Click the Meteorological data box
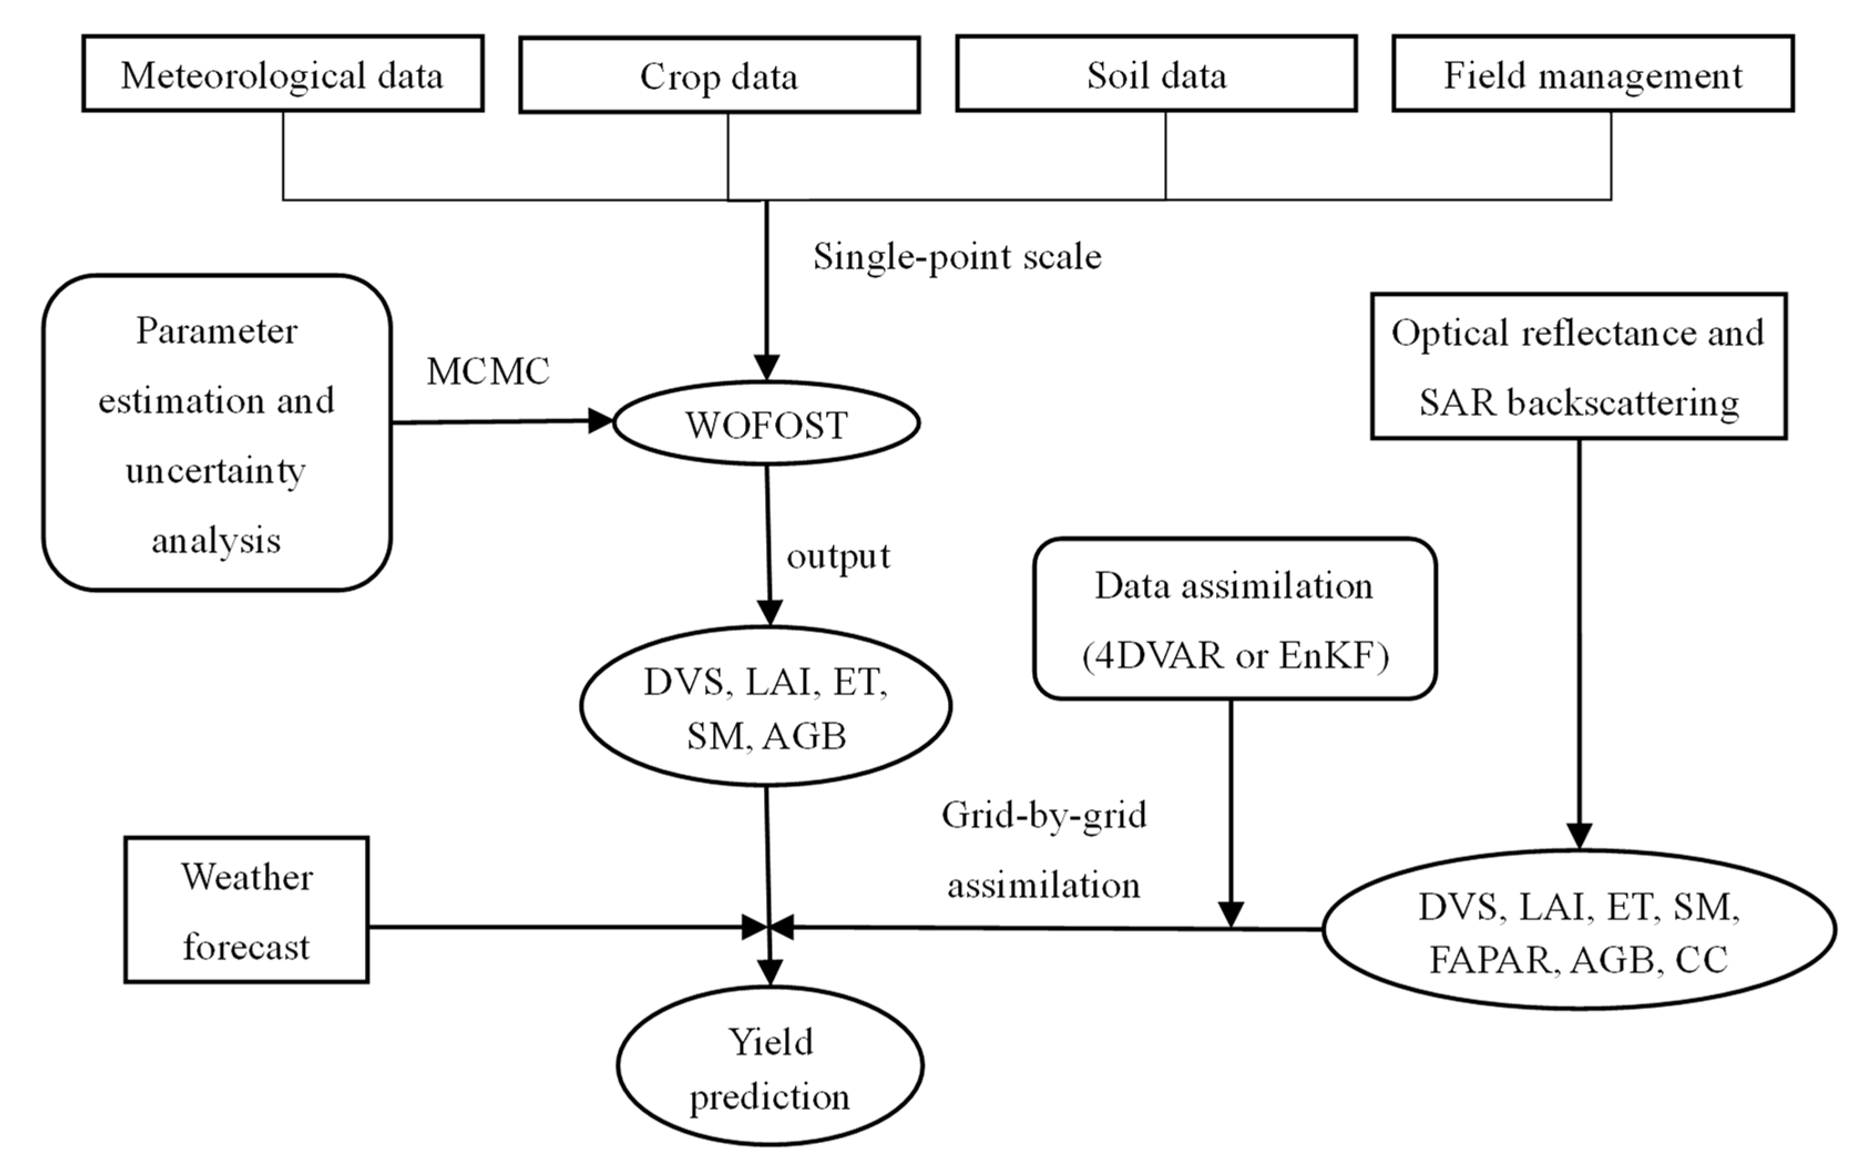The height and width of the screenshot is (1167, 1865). (283, 74)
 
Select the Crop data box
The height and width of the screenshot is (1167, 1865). (719, 75)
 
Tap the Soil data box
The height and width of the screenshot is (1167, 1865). (1156, 74)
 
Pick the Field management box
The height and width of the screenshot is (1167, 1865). (1592, 74)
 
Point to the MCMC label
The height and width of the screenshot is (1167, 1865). (488, 371)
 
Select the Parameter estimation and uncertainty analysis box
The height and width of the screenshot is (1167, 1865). (217, 434)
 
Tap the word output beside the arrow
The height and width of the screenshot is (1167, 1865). (838, 556)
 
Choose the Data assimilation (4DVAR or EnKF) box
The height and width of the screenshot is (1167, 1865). (1234, 619)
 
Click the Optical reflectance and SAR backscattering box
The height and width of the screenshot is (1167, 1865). (1578, 367)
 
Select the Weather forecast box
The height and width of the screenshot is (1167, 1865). (246, 910)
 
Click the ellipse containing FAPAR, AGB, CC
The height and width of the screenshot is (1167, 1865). (1579, 930)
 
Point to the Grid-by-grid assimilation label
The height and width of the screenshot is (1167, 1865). (1044, 850)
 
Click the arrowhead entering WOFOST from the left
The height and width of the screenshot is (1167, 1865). (600, 421)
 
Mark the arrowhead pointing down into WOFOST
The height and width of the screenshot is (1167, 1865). (766, 367)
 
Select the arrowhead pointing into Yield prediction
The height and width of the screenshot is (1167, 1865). (770, 972)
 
